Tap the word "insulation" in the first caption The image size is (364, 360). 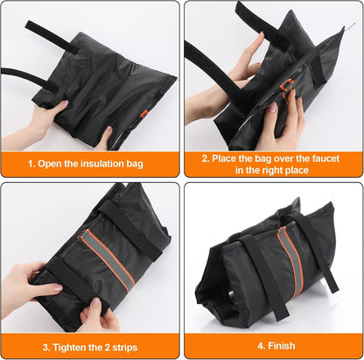pos(101,164)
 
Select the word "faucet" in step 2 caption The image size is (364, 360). pos(325,159)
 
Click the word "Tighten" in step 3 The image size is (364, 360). pos(69,348)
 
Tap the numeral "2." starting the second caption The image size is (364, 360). pos(206,159)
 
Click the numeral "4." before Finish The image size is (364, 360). pos(262,346)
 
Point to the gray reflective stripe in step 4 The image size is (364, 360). pos(290,260)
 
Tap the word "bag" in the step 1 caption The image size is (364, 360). pos(135,164)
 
